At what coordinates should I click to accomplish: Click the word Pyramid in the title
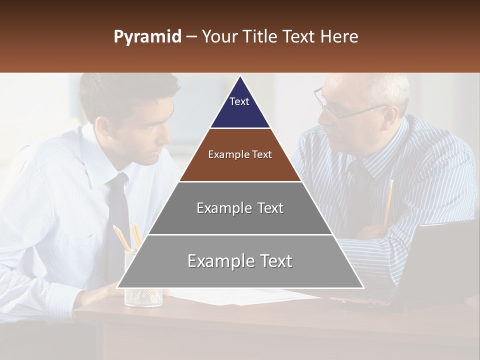pos(147,37)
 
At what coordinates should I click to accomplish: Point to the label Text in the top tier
pos(239,101)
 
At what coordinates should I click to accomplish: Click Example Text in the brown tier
pos(240,154)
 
